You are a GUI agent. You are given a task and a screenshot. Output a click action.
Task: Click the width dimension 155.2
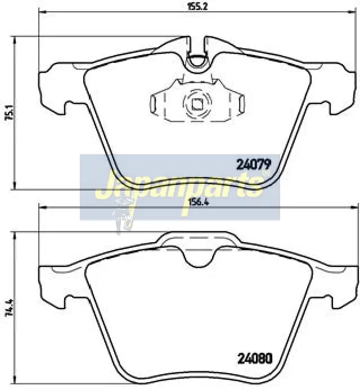point(197,6)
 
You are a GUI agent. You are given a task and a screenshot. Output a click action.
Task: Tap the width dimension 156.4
point(198,202)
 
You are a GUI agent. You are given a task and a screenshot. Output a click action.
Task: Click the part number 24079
point(254,165)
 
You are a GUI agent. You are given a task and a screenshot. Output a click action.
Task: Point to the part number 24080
point(255,359)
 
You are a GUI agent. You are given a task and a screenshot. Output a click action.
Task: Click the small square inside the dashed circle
point(197,104)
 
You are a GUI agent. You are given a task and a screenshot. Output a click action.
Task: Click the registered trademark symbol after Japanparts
point(266,173)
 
